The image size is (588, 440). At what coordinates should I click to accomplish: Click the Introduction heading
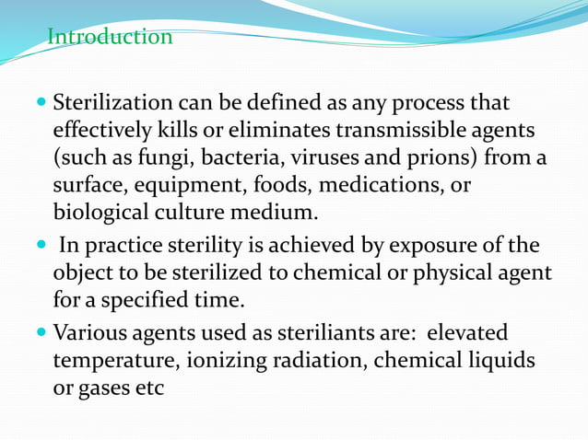click(x=110, y=37)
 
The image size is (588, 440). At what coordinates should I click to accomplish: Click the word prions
click(x=440, y=158)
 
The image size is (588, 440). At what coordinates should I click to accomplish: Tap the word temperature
click(x=114, y=360)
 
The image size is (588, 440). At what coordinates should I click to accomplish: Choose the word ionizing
click(x=226, y=360)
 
